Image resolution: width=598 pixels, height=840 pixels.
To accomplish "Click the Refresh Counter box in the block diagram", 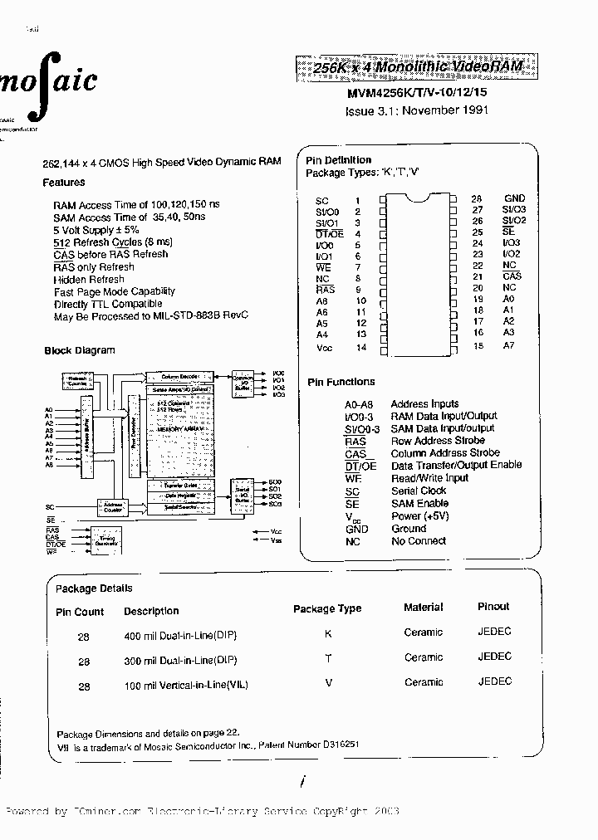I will pos(76,381).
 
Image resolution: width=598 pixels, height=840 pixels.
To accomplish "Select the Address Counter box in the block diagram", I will pos(110,505).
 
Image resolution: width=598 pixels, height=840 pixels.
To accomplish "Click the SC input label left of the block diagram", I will pos(50,505).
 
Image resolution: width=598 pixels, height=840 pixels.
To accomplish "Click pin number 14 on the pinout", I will pos(360,347).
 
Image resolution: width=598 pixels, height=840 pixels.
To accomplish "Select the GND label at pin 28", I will pos(514,198).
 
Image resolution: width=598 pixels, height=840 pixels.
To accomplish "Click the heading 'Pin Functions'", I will pos(341,382).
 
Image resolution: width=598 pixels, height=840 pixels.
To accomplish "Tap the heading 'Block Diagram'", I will pos(80,351).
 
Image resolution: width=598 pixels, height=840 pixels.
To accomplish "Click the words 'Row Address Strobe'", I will pos(438,441).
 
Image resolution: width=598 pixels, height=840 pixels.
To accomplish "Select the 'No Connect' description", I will pos(419,541).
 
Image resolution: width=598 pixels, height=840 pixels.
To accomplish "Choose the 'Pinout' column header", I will pos(493,607).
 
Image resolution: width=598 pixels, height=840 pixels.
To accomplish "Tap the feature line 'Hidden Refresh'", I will pos(89,280).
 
